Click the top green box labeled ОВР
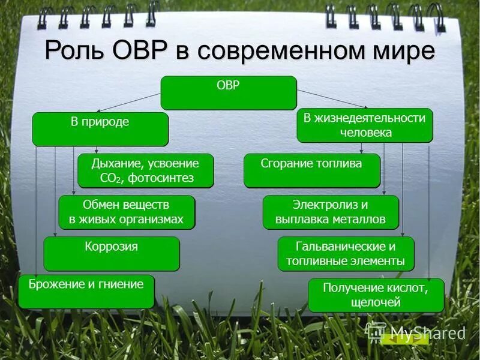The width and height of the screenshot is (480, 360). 229,92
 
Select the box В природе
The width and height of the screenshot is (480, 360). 100,129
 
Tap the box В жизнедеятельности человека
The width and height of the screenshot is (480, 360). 364,125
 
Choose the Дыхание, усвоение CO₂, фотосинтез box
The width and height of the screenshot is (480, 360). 145,171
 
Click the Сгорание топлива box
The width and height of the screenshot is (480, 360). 311,170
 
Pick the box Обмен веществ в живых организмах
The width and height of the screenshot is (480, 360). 126,212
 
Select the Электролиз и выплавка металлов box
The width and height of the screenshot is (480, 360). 331,212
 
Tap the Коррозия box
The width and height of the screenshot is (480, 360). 111,253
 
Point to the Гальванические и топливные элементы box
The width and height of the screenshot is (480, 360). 346,253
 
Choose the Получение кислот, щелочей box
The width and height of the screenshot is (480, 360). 376,295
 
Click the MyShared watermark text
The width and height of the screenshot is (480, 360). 427,333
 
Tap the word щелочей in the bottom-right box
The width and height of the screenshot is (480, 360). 376,302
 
